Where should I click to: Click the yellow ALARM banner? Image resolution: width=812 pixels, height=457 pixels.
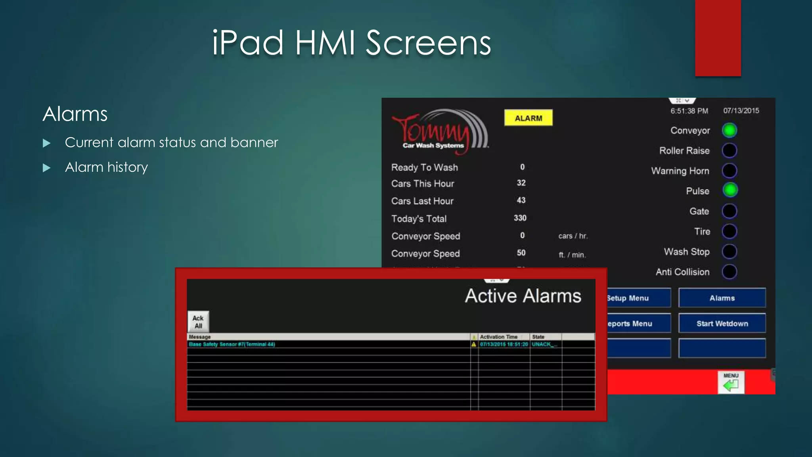point(528,118)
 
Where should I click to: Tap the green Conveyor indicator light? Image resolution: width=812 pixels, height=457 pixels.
point(730,130)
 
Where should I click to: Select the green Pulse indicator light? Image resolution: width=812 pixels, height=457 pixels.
point(730,190)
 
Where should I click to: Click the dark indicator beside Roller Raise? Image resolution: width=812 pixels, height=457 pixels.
point(730,150)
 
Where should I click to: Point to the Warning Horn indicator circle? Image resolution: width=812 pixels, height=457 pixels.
point(730,171)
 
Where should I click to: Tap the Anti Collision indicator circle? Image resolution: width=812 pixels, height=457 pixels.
point(730,272)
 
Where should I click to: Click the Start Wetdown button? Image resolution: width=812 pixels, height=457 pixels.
point(722,323)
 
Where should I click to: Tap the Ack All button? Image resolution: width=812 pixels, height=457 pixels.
point(198,322)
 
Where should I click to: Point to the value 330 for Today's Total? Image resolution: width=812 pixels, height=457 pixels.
point(520,218)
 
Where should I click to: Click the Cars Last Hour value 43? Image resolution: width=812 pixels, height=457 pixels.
point(521,200)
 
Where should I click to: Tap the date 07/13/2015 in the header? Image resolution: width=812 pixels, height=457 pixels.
point(741,111)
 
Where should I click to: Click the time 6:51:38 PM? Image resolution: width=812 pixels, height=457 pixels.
point(689,111)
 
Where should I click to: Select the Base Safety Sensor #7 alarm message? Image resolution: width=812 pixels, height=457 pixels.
point(232,344)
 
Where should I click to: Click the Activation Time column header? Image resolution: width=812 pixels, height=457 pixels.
point(499,337)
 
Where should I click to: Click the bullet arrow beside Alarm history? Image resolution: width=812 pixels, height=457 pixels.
point(47,168)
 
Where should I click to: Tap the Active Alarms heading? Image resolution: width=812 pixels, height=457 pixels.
point(523,296)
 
